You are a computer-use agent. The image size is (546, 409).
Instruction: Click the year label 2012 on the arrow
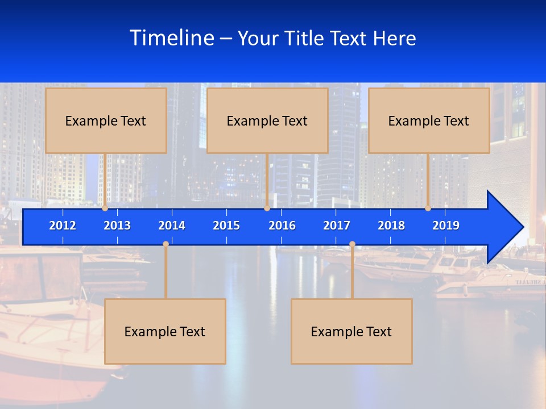tap(63, 226)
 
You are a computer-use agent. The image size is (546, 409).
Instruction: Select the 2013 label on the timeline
tap(117, 226)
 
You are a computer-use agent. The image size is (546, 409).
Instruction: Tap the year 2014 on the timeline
tap(172, 226)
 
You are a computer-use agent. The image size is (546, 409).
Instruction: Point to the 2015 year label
tap(226, 226)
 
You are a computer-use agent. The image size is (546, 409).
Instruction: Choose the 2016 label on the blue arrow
tap(282, 226)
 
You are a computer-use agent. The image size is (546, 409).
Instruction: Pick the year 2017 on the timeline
tap(337, 226)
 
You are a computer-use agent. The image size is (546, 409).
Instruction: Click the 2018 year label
tap(391, 226)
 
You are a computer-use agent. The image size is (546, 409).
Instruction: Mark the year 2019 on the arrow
tap(446, 226)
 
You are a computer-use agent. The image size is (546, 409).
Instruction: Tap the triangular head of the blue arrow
tap(504, 227)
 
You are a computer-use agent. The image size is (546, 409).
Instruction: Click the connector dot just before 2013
tap(105, 208)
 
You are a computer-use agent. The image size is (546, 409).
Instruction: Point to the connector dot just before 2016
tap(267, 208)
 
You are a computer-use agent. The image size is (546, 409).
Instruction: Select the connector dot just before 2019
tap(428, 208)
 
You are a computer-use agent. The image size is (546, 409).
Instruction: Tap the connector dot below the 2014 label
tap(166, 244)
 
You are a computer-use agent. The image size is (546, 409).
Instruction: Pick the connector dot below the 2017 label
tap(352, 244)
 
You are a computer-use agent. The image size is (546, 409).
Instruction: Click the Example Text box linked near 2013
tap(106, 120)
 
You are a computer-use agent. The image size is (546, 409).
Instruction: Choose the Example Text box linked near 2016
tap(267, 120)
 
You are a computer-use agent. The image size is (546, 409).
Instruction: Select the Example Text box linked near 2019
tap(429, 120)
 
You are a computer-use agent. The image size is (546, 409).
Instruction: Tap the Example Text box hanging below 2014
tap(165, 331)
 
